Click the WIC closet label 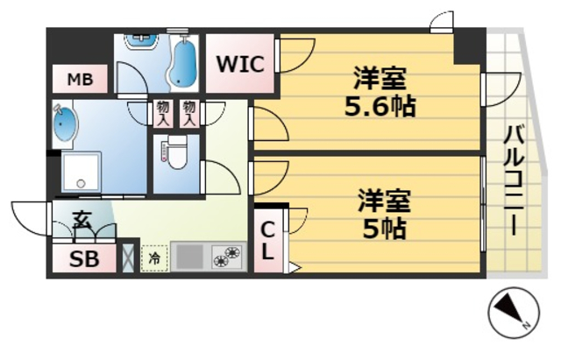pos(240,64)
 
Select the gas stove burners pos(226,257)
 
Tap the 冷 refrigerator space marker pos(153,258)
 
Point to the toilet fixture pos(175,153)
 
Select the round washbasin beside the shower pos(66,124)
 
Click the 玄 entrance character pos(82,219)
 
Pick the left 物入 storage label pos(163,111)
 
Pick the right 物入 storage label pos(189,111)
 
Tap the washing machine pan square pos(81,172)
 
